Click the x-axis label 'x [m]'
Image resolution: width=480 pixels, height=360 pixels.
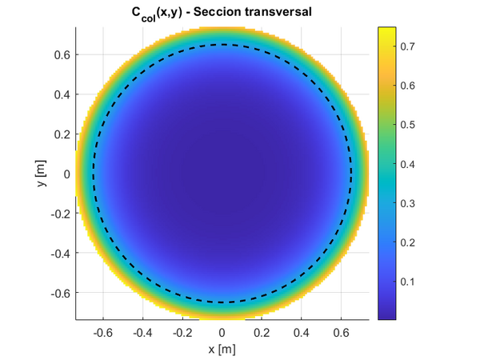(222, 349)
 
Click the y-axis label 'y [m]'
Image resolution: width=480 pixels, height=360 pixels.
(40, 174)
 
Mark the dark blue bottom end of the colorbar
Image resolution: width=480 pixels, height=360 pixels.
(387, 316)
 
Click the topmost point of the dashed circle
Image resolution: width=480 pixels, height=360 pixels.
(222, 45)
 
